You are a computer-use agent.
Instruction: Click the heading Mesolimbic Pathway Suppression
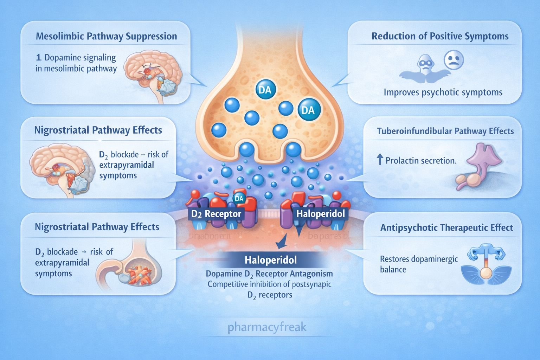pos(106,37)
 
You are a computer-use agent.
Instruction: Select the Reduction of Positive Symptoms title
pos(440,37)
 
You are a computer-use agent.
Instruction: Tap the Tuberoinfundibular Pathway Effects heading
pos(445,131)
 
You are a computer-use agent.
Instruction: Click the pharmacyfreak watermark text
pos(267,327)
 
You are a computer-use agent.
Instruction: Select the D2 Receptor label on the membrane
pos(216,214)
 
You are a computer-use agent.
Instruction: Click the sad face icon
pos(454,60)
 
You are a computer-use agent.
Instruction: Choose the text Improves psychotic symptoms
pos(443,92)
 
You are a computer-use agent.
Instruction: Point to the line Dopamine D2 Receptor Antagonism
pos(269,274)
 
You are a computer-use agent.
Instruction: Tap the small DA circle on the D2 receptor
pos(239,199)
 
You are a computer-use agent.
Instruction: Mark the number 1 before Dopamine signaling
pos(38,58)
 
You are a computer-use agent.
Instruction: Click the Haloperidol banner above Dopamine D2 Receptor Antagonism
pos(270,260)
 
